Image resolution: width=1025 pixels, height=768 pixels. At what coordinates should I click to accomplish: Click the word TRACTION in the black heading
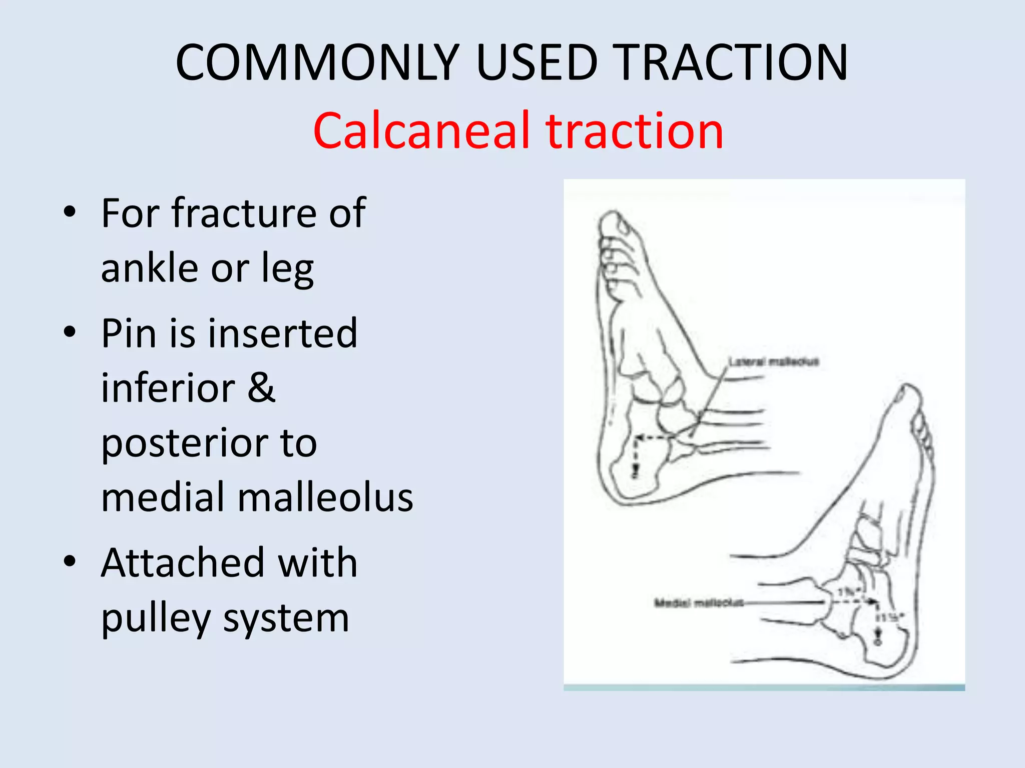(x=730, y=62)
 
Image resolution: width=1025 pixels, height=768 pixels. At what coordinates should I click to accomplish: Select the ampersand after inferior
(x=261, y=388)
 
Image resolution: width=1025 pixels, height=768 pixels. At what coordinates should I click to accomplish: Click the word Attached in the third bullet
(x=182, y=563)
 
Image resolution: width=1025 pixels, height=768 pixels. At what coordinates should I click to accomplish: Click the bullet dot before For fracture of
(x=70, y=212)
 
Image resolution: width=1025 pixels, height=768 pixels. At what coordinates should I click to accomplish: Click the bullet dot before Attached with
(x=70, y=561)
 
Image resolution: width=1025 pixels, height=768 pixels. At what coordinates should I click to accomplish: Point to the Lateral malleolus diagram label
(x=773, y=361)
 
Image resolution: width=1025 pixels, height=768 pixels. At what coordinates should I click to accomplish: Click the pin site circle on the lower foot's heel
(x=877, y=641)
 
